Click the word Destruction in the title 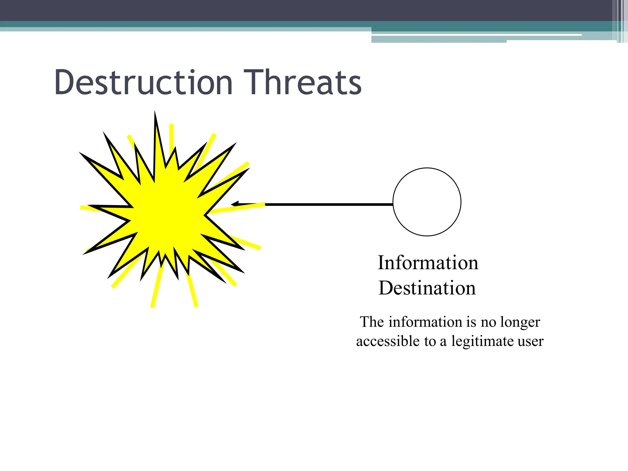(x=144, y=82)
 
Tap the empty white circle (x=427, y=202)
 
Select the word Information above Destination (x=428, y=263)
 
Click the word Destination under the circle (x=427, y=288)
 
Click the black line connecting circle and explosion (x=328, y=204)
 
